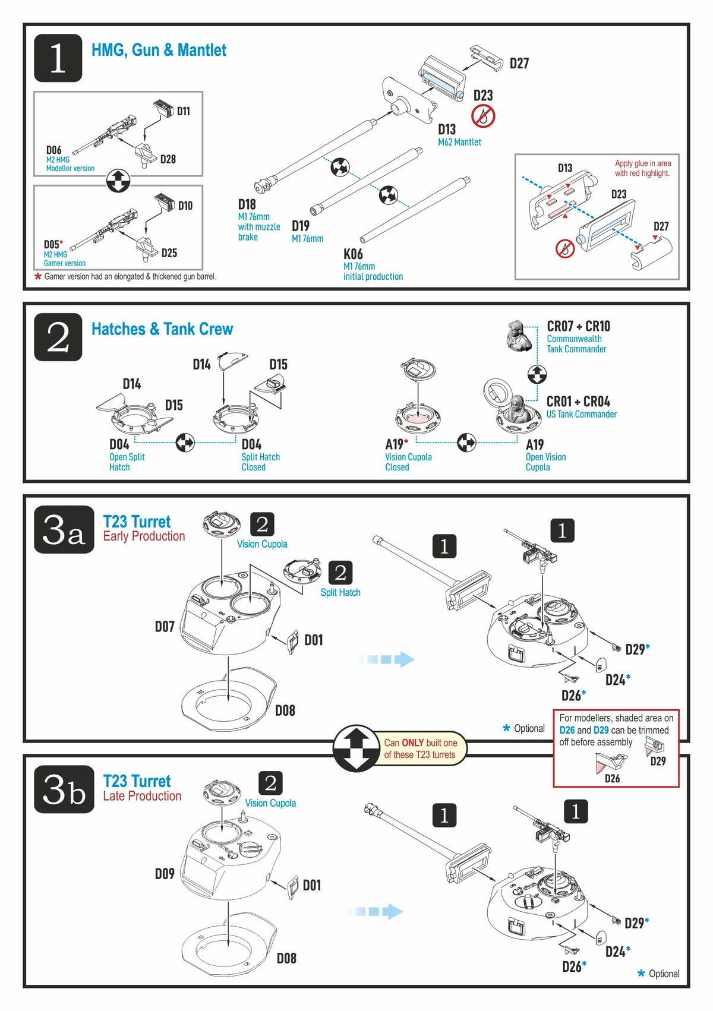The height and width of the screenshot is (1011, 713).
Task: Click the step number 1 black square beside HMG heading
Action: tap(58, 58)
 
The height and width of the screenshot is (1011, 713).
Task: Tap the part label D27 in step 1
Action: tap(519, 64)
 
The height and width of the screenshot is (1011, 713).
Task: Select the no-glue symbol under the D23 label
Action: tap(483, 116)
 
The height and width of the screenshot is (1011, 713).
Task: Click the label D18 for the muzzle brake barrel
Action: tap(247, 204)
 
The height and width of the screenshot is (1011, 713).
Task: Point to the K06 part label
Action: tap(353, 254)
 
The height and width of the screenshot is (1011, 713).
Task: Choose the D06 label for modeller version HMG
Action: tap(54, 150)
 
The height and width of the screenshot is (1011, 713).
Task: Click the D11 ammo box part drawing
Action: tap(162, 109)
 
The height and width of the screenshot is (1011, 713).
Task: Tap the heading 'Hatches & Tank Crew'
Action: tap(162, 329)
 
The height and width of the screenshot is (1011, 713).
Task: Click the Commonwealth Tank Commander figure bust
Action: tap(519, 336)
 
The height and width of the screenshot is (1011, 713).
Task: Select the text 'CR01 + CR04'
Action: tap(578, 402)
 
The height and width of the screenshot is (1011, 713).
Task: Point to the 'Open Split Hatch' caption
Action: tap(127, 462)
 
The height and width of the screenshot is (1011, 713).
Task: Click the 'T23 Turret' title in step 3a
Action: tap(137, 522)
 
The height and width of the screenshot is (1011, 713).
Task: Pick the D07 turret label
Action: tap(165, 626)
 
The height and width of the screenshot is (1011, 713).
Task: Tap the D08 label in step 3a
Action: tap(285, 710)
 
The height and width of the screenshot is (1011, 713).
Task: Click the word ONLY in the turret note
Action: tap(412, 743)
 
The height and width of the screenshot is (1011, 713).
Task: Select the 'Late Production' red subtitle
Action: tap(142, 796)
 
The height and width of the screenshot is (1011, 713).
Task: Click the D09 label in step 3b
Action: tap(165, 874)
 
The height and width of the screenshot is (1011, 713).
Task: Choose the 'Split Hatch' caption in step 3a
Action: tap(340, 592)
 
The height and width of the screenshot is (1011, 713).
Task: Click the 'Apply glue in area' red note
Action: tap(642, 163)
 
